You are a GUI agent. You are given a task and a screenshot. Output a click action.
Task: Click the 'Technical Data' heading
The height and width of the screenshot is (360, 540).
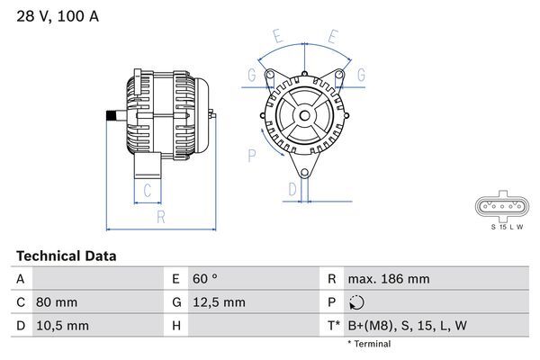point(66,256)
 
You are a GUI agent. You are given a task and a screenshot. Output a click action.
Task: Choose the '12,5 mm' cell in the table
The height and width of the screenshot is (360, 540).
point(220,302)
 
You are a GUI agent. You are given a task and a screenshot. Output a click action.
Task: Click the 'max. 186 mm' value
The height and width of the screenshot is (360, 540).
point(388,280)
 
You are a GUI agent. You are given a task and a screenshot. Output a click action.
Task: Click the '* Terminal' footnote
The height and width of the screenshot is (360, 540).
point(369,344)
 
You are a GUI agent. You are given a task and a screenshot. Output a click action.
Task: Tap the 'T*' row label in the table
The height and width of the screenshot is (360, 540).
point(332,325)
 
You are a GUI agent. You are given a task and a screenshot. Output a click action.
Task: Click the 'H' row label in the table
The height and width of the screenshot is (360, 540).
point(176,325)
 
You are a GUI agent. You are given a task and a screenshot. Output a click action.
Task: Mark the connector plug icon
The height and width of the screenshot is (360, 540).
point(502,207)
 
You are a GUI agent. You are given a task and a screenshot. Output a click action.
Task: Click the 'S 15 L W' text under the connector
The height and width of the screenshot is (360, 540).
point(503,226)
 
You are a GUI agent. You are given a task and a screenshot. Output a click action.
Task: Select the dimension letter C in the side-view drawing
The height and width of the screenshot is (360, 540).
point(148,190)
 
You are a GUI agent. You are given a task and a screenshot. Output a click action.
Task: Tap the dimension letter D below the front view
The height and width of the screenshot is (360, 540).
point(292,189)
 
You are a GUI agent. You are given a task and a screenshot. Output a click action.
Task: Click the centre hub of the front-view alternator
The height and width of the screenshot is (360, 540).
point(304,115)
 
